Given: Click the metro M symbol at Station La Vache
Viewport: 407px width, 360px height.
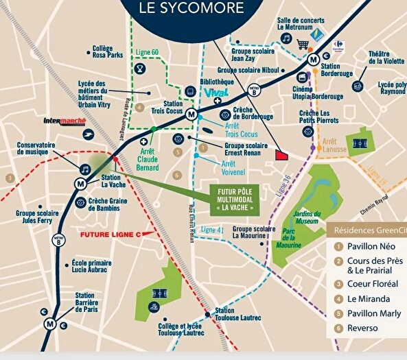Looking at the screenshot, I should pos(81,183).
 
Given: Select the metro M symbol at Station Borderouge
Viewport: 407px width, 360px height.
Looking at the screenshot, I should pos(313,59).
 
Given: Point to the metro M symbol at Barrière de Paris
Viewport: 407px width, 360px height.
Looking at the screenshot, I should pos(49,324).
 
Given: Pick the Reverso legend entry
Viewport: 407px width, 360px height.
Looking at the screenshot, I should pos(362,328).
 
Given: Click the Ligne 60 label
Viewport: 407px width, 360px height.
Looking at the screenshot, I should pos(147,52).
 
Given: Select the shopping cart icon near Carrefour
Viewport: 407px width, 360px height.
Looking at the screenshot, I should pos(303,45).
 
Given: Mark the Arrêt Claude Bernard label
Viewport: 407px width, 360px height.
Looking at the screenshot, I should pos(149,159).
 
